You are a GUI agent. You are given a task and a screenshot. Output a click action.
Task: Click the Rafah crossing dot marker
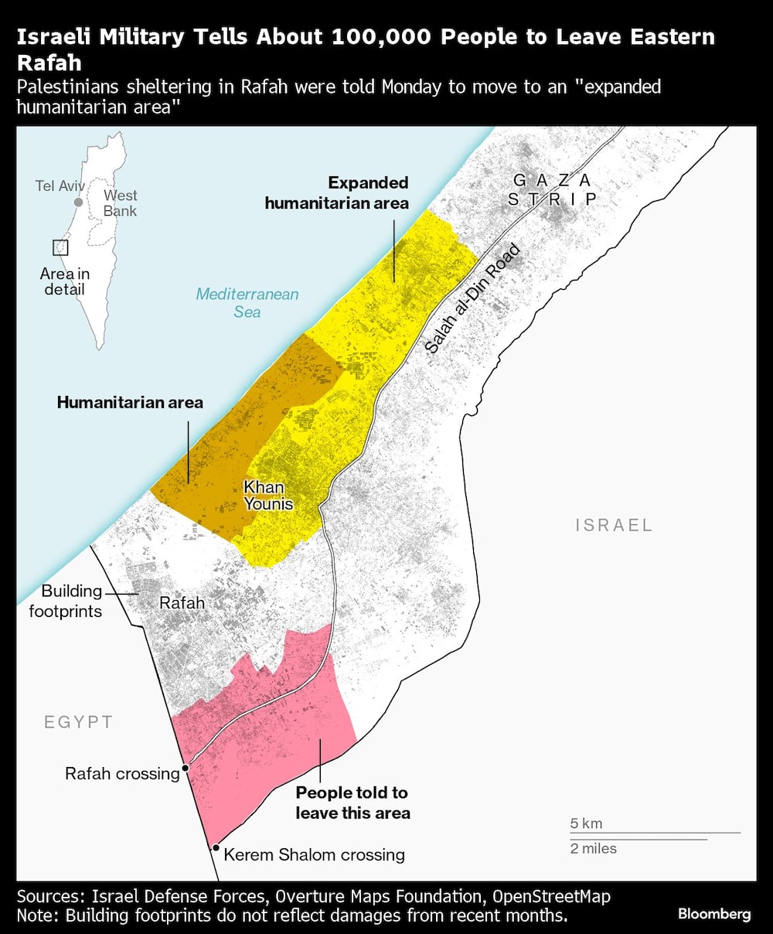pyautogui.click(x=186, y=769)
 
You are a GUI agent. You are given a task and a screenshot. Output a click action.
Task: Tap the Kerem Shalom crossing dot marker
pyautogui.click(x=216, y=847)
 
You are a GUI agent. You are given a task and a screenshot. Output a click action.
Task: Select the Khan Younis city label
pyautogui.click(x=268, y=496)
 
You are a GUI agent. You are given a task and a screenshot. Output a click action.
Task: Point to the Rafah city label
pyautogui.click(x=182, y=603)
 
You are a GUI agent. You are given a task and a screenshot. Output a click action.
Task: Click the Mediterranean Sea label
pyautogui.click(x=247, y=303)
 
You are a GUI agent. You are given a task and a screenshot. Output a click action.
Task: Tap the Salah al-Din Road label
pyautogui.click(x=472, y=299)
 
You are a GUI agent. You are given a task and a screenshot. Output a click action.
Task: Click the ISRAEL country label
pyautogui.click(x=614, y=525)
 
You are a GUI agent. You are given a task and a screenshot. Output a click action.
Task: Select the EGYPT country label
pyautogui.click(x=78, y=722)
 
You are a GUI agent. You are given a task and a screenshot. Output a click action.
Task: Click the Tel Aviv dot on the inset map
pyautogui.click(x=78, y=202)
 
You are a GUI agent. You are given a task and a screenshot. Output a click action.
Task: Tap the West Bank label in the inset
pyautogui.click(x=120, y=203)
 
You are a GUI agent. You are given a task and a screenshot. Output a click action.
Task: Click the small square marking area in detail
pyautogui.click(x=60, y=247)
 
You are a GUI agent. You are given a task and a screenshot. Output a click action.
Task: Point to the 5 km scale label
pyautogui.click(x=586, y=823)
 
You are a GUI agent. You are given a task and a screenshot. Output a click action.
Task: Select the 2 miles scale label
pyautogui.click(x=594, y=848)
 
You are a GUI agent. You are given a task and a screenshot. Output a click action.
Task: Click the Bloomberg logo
pyautogui.click(x=713, y=914)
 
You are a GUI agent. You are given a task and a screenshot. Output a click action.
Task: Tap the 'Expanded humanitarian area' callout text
pyautogui.click(x=336, y=193)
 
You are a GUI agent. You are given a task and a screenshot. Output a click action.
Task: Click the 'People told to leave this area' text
pyautogui.click(x=352, y=803)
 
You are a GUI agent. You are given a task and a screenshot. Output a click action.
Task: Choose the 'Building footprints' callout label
pyautogui.click(x=66, y=601)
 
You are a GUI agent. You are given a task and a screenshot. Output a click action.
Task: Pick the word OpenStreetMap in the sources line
pyautogui.click(x=551, y=897)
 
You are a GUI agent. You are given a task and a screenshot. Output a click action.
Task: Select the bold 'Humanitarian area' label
pyautogui.click(x=130, y=402)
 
